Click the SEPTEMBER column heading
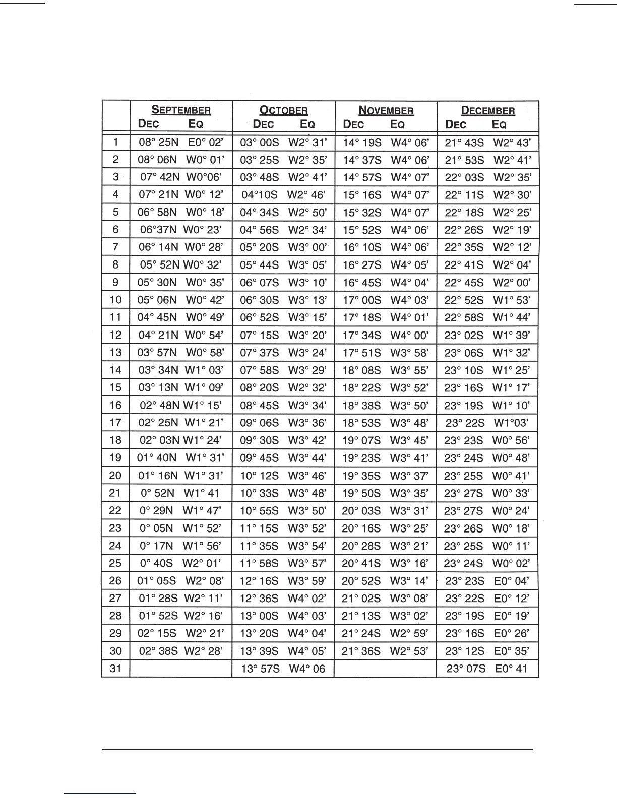pos(181,110)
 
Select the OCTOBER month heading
pos(283,110)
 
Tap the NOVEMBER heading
pos(386,110)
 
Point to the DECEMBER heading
pos(488,110)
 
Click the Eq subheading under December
pos(499,124)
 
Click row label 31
pos(115,669)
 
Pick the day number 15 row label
pos(115,387)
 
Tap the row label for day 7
pos(115,247)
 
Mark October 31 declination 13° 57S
pos(260,669)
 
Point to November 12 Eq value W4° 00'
pos(409,335)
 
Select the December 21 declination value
pos(463,493)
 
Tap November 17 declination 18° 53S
pos(361,423)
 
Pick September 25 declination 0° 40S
pos(156,563)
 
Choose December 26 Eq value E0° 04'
pos(512,581)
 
